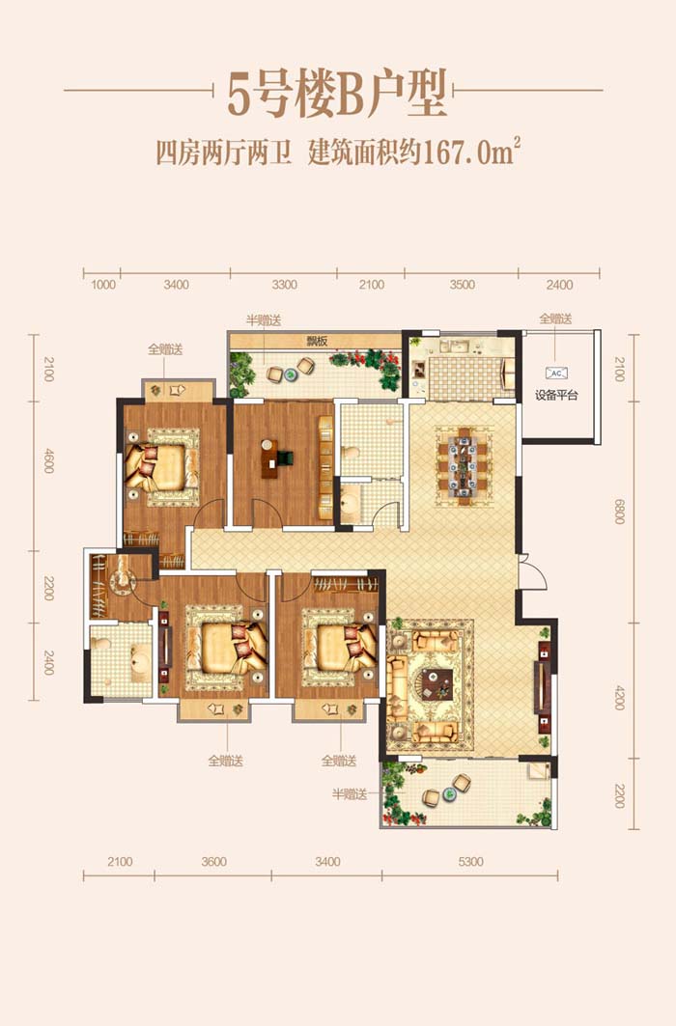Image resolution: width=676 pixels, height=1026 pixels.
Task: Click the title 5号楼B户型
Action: pos(337,95)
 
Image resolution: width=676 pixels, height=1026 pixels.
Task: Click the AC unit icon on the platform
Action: pos(556,373)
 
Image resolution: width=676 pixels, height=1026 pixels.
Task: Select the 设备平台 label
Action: pos(556,395)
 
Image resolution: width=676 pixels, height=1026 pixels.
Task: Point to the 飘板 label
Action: pos(317,341)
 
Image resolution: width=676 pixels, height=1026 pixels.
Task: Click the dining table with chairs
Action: pos(464,466)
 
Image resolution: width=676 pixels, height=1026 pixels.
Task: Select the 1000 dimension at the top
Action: pos(103,285)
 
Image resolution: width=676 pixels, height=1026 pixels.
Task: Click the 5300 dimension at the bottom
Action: pos(470,861)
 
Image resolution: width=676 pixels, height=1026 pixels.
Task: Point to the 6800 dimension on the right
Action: pos(619,511)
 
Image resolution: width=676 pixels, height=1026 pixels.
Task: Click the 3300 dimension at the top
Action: pos(284,285)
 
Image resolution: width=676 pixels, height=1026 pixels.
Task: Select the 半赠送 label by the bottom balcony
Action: pos(350,794)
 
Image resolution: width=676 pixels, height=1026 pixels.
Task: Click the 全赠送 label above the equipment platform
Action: pos(555,319)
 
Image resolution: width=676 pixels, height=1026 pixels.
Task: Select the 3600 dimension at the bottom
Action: pos(214,861)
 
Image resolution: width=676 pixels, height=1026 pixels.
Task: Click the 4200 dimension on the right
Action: pos(619,698)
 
